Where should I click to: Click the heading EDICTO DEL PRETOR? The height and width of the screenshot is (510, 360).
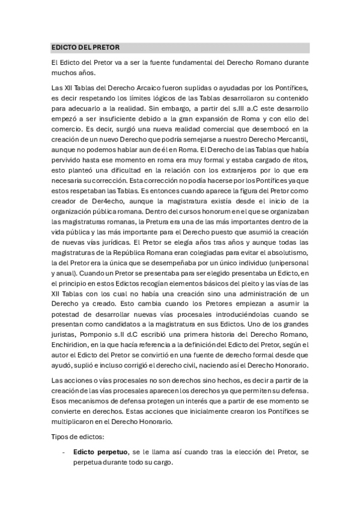click(x=85, y=47)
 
